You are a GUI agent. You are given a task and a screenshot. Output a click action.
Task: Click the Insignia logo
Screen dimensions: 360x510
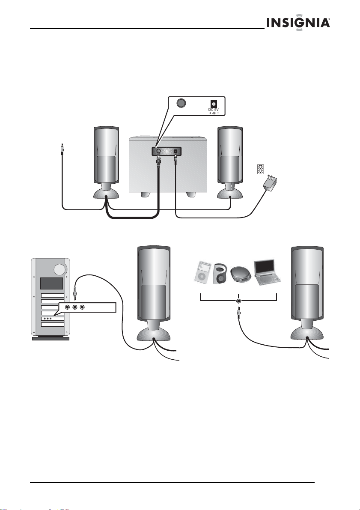point(298,23)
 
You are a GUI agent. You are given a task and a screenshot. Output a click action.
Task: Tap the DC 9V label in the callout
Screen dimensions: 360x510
point(213,110)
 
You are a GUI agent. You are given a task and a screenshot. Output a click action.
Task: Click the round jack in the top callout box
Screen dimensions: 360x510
point(181,103)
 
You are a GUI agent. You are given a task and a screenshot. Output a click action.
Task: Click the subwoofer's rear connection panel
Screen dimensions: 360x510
point(166,151)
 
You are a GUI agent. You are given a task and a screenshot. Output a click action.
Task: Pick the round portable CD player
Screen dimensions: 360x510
point(241,275)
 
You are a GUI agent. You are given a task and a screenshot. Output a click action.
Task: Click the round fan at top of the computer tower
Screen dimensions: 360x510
point(60,270)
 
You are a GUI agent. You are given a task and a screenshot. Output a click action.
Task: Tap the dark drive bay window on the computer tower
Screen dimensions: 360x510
point(51,283)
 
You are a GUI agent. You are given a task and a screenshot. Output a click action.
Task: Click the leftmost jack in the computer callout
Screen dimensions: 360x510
point(67,307)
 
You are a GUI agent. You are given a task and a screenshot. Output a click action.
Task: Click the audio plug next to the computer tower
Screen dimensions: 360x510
point(75,292)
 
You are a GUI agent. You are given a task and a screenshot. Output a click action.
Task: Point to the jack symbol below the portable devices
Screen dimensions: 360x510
point(238,301)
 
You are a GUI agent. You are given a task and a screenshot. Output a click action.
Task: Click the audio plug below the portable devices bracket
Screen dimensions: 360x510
point(239,313)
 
